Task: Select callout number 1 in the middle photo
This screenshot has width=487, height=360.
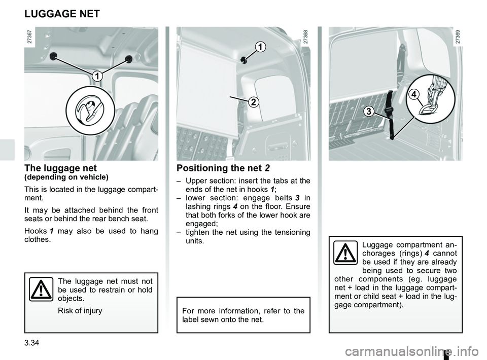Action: click(260, 48)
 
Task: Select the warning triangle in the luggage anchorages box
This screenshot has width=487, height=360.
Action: click(346, 254)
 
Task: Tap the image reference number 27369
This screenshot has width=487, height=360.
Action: click(458, 39)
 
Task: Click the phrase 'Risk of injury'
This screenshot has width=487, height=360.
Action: click(80, 310)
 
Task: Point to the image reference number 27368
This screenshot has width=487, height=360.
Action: click(305, 39)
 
